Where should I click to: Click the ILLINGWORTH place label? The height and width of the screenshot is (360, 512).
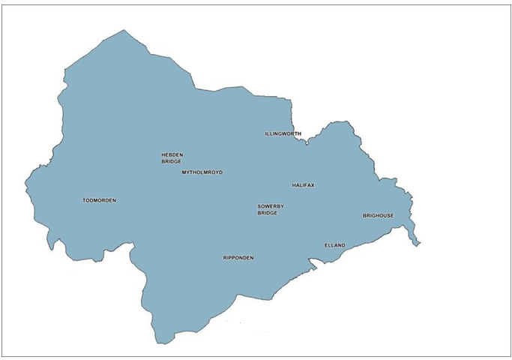pos(283,133)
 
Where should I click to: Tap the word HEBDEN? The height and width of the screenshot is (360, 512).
pos(172,155)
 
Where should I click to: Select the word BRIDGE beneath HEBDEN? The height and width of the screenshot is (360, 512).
pos(172,161)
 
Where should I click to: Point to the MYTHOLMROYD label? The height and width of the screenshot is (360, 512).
pos(202,172)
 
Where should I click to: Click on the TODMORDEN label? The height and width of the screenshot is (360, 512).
pos(100,200)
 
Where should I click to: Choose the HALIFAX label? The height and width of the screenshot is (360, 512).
pos(303,185)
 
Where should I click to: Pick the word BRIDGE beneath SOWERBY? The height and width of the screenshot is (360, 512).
pos(268,213)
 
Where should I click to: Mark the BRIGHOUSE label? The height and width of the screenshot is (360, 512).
pos(379,216)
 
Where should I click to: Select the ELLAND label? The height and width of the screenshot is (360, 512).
pos(334,245)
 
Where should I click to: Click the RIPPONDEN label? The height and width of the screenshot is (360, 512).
pos(238,258)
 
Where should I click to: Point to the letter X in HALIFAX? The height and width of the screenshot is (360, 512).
pos(313,185)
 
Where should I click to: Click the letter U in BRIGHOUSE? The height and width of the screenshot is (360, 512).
pos(385,216)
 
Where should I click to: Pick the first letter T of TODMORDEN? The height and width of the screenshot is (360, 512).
pos(84,200)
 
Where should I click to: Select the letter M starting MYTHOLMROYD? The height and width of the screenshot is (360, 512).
pos(184,172)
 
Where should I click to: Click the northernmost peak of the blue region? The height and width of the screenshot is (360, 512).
pos(124,31)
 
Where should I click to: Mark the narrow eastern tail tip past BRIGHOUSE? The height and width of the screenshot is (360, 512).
pos(418,244)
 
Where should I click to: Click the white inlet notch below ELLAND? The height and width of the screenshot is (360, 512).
pos(315,262)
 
